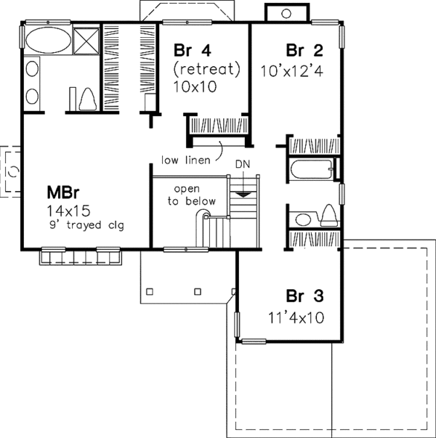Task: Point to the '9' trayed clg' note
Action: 84,225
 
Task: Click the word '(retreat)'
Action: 206,70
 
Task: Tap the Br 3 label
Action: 304,297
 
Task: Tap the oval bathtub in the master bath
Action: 48,41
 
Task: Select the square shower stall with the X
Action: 86,40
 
